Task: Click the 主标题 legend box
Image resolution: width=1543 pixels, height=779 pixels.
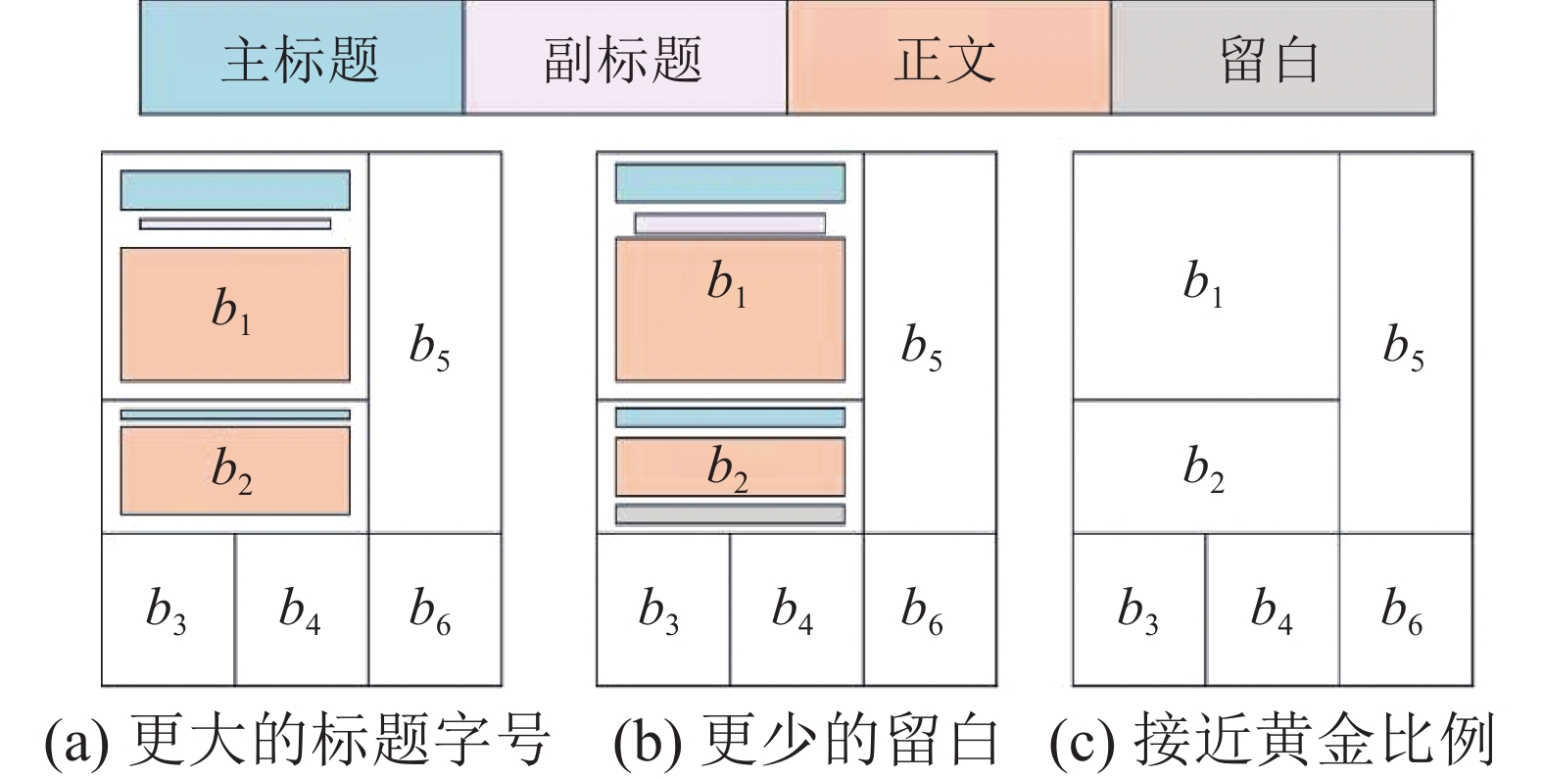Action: pyautogui.click(x=301, y=58)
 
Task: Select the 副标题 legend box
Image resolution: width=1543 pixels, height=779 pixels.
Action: pyautogui.click(x=624, y=58)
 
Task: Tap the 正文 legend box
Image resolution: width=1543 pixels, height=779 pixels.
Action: pyautogui.click(x=947, y=58)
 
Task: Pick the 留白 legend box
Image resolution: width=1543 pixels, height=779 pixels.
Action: pyautogui.click(x=1272, y=58)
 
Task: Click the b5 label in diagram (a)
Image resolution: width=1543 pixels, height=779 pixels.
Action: pyautogui.click(x=430, y=348)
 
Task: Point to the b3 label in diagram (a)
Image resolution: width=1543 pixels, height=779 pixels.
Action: pyautogui.click(x=166, y=609)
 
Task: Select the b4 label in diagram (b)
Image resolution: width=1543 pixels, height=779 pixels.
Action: pyautogui.click(x=793, y=609)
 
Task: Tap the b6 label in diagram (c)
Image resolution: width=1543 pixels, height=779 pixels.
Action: pyautogui.click(x=1402, y=609)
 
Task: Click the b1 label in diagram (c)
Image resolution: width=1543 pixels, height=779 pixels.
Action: pyautogui.click(x=1204, y=283)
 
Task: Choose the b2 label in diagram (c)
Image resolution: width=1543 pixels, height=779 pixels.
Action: pyautogui.click(x=1204, y=467)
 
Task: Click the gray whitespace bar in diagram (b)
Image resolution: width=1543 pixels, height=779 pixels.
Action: pyautogui.click(x=730, y=514)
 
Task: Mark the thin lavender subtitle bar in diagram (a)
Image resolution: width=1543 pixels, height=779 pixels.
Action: pyautogui.click(x=235, y=224)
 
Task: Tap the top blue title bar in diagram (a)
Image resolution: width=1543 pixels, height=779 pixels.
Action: pyautogui.click(x=235, y=190)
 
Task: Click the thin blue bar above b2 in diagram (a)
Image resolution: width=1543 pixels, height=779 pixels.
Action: pyautogui.click(x=235, y=414)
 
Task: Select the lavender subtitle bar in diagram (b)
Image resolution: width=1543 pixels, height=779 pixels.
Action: pyautogui.click(x=730, y=224)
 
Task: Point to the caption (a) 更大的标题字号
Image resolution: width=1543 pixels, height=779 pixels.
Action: pyautogui.click(x=299, y=740)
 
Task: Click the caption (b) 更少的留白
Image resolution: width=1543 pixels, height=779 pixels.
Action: pyautogui.click(x=805, y=740)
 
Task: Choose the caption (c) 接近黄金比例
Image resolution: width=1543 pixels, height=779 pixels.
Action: pyautogui.click(x=1272, y=740)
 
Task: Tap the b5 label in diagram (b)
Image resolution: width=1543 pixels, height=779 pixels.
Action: pyautogui.click(x=922, y=348)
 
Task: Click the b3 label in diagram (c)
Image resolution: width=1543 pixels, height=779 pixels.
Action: pyautogui.click(x=1137, y=609)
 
